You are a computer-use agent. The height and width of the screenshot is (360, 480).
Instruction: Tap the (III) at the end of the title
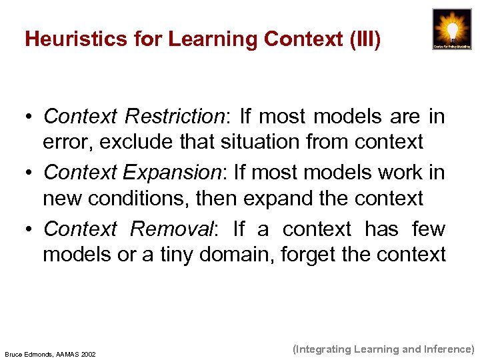(365, 40)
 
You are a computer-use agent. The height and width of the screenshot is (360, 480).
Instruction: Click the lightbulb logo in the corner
(451, 29)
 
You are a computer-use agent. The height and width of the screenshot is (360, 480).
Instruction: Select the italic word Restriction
(174, 117)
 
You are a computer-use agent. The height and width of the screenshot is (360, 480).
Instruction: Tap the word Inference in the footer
(447, 349)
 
